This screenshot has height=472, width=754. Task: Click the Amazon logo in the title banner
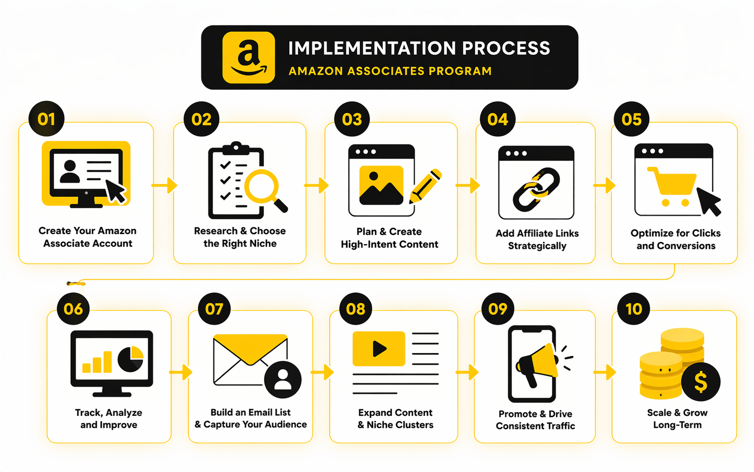tap(248, 58)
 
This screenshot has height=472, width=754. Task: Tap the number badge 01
tap(47, 119)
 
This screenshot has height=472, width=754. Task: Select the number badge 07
tap(214, 309)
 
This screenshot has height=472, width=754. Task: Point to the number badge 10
tap(634, 309)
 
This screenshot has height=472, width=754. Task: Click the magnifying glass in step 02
tap(262, 187)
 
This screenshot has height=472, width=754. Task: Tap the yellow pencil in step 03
tap(426, 186)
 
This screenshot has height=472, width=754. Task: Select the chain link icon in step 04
tap(536, 189)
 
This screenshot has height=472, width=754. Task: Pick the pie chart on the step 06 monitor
tap(131, 359)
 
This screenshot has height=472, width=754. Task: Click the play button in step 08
tap(379, 349)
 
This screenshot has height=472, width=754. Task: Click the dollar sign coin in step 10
tap(700, 382)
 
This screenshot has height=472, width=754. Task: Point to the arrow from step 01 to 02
tap(164, 185)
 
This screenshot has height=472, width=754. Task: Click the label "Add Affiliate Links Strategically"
tap(537, 239)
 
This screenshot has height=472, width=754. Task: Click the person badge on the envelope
tap(283, 380)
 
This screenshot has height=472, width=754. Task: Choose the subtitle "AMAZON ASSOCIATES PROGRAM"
tap(390, 71)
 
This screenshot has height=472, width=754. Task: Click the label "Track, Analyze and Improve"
tap(109, 419)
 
